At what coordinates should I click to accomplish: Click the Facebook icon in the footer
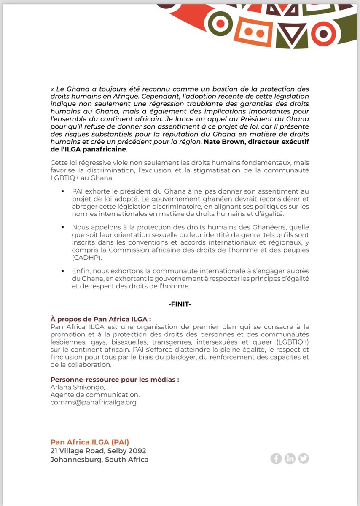(x=276, y=458)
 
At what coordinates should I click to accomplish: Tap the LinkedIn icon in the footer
(x=290, y=458)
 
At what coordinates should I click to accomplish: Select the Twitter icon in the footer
(x=304, y=458)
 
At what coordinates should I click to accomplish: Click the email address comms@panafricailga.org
(x=93, y=403)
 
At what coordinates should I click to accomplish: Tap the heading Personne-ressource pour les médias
(x=115, y=379)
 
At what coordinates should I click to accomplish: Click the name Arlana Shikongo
(x=76, y=388)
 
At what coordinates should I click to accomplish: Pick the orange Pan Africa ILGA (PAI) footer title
(x=90, y=442)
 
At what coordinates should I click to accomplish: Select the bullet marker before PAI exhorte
(x=62, y=191)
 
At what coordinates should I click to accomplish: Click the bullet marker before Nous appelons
(x=62, y=227)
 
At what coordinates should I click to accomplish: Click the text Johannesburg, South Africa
(x=99, y=460)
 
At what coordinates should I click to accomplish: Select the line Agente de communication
(x=95, y=395)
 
